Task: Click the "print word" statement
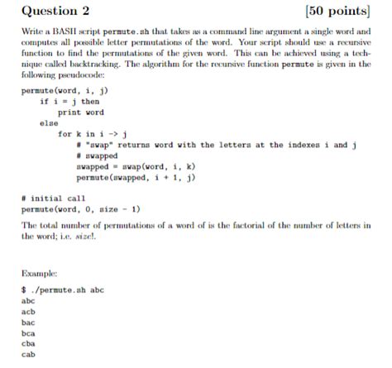coord(80,112)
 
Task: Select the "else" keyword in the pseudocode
coord(48,122)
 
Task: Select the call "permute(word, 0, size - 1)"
coord(74,209)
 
